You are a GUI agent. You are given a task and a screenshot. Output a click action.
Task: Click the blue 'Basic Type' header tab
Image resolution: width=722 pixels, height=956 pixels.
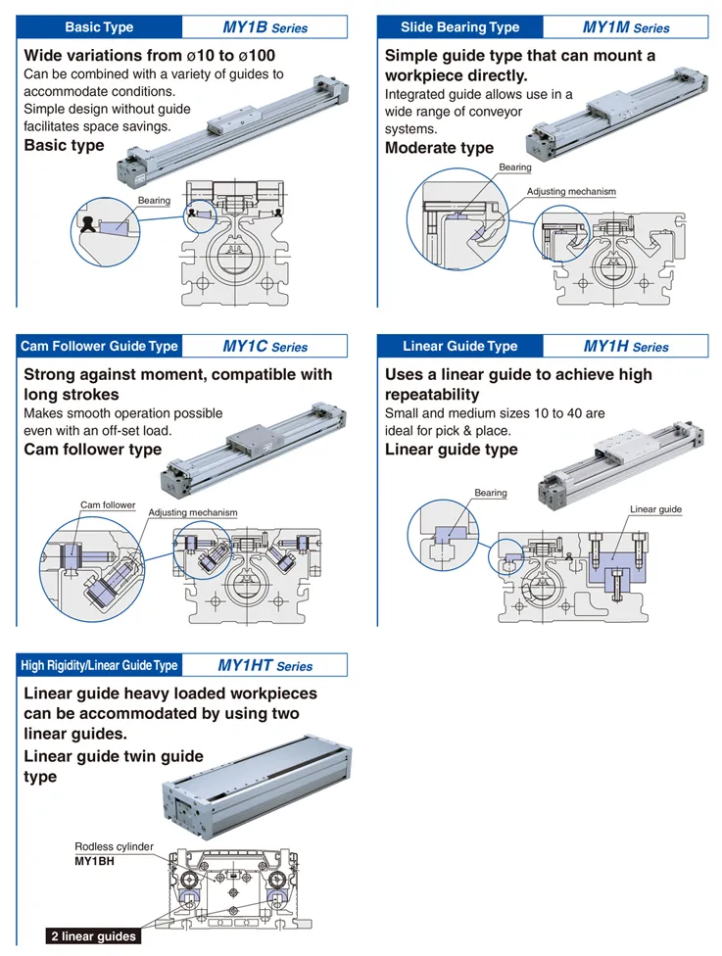pos(99,27)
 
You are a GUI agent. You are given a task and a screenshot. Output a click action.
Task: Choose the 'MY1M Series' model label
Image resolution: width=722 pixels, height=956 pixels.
pos(626,27)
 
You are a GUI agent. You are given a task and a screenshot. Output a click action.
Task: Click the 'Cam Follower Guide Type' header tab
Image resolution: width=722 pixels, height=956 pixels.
pos(99,346)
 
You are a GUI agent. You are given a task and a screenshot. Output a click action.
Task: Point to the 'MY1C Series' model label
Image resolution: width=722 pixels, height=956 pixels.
pos(265,346)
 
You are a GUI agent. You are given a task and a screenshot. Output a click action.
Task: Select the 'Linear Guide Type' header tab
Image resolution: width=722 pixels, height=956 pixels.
pos(459,346)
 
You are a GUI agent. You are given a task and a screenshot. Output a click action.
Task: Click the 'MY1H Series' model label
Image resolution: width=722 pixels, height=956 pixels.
pos(626,346)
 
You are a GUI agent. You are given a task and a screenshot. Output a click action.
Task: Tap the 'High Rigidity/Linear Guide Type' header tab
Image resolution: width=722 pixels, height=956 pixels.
pos(99,665)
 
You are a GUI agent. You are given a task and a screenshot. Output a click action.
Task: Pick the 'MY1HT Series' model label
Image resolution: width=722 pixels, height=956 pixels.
pos(265,665)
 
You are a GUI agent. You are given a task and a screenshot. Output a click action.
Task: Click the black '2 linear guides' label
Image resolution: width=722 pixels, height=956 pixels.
pos(93,936)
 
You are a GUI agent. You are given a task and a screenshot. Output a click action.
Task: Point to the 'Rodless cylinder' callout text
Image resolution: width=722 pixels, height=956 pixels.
pos(114,847)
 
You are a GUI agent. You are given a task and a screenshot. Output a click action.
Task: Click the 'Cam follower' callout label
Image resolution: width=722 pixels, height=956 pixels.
pos(108,505)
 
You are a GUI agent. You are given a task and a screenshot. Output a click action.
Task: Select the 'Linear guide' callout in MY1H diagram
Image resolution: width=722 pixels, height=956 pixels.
pos(655,509)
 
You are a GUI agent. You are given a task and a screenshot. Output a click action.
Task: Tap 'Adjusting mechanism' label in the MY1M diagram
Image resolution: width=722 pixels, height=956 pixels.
pos(571,192)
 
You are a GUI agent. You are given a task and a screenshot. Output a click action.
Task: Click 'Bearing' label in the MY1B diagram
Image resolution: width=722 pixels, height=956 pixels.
pos(154,201)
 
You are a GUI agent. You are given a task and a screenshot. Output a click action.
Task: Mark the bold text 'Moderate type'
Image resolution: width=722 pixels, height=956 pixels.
pos(439,148)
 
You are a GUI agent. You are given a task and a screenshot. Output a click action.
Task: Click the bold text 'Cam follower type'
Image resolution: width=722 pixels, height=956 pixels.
pos(92,450)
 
